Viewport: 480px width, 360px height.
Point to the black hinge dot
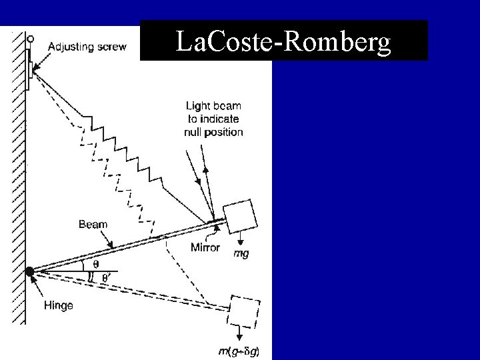tap(29, 272)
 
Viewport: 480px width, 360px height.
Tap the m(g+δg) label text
tap(240, 351)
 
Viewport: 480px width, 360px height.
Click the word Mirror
tap(205, 247)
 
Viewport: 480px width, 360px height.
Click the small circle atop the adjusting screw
tap(29, 37)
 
